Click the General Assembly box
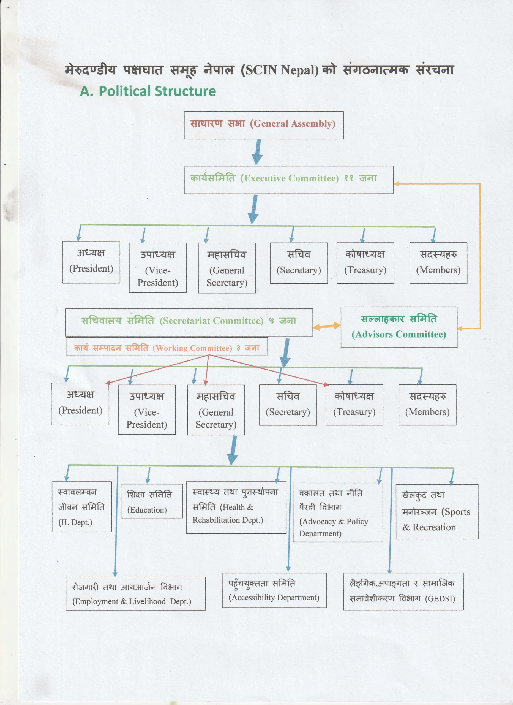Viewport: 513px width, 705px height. [x=264, y=125]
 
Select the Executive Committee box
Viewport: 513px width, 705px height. [x=289, y=180]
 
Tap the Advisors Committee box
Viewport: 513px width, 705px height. [x=399, y=327]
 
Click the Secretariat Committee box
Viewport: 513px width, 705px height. [x=189, y=322]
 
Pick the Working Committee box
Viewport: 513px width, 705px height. [x=167, y=346]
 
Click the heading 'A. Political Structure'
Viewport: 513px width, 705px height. [x=148, y=91]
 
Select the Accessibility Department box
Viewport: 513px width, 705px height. [x=274, y=590]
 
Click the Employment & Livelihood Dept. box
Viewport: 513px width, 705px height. [x=135, y=594]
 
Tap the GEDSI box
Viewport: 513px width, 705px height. [x=403, y=592]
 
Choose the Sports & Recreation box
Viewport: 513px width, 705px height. [x=437, y=512]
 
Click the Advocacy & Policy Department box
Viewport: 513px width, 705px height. [x=338, y=513]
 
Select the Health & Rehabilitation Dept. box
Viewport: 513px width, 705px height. [x=236, y=508]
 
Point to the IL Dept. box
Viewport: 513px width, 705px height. [x=82, y=507]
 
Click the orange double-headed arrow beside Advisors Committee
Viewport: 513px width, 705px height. [x=327, y=326]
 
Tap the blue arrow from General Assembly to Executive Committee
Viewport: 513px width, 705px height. [x=258, y=152]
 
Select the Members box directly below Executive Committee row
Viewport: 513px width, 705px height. [x=438, y=263]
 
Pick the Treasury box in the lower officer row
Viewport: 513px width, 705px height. [x=354, y=405]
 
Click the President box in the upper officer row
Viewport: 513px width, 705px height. [x=91, y=262]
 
